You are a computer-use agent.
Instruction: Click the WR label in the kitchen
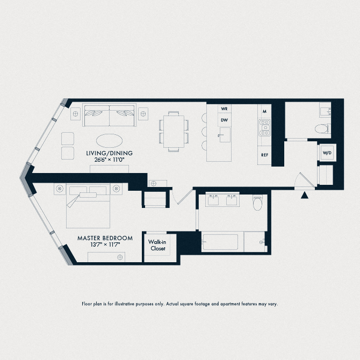pyautogui.click(x=225, y=108)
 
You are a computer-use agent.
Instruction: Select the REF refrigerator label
pyautogui.click(x=264, y=155)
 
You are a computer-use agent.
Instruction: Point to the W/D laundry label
pyautogui.click(x=327, y=153)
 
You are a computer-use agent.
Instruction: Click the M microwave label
pyautogui.click(x=264, y=111)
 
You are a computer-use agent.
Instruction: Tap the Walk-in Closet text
pyautogui.click(x=160, y=245)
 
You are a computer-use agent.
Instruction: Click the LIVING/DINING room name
pyautogui.click(x=109, y=153)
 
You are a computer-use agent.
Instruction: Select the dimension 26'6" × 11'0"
pyautogui.click(x=109, y=160)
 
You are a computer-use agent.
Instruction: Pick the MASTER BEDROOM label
pyautogui.click(x=105, y=238)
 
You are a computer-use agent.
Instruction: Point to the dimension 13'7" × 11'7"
pyautogui.click(x=105, y=245)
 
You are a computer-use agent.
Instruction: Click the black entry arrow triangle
pyautogui.click(x=305, y=196)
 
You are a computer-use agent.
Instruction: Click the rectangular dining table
pyautogui.click(x=174, y=131)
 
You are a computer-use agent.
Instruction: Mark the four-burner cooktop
pyautogui.click(x=264, y=128)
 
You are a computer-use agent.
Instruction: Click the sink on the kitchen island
pyautogui.click(x=224, y=132)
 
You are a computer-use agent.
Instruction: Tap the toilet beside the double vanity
pyautogui.click(x=258, y=202)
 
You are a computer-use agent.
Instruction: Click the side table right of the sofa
pyautogui.click(x=143, y=112)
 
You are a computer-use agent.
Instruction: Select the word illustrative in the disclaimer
pyautogui.click(x=141, y=304)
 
